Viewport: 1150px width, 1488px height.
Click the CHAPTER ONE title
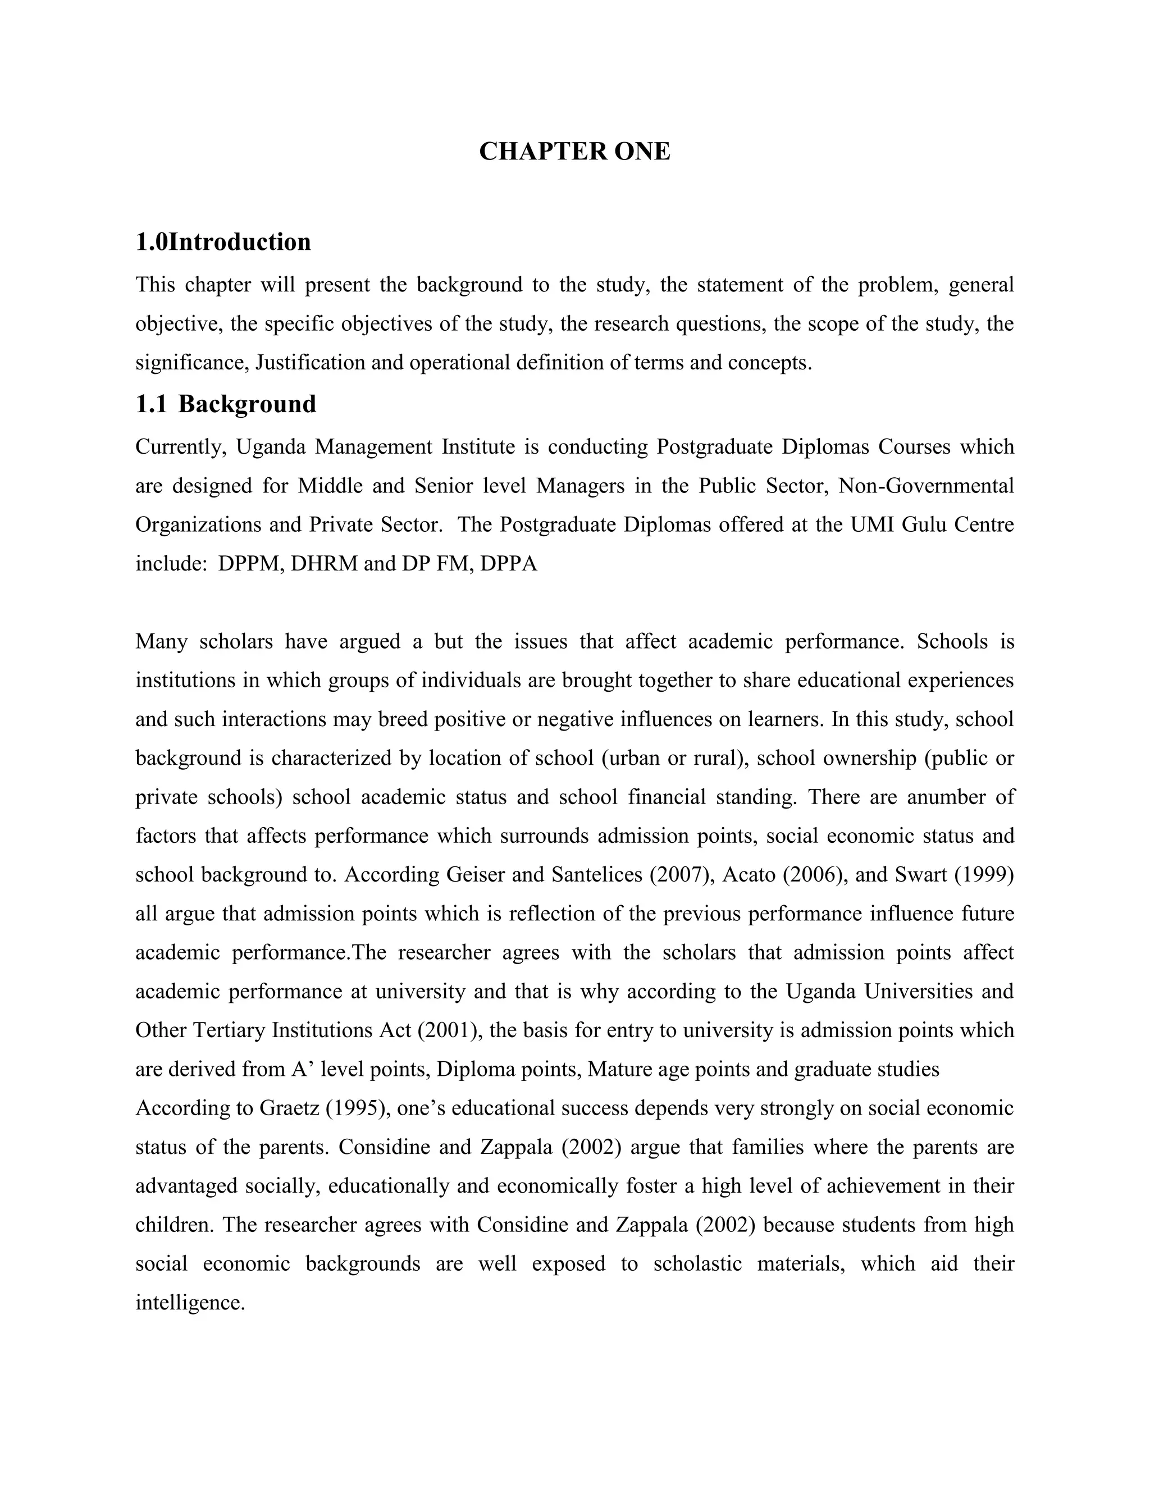(574, 151)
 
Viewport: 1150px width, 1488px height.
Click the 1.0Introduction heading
(223, 242)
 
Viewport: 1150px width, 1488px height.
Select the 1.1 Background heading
(226, 404)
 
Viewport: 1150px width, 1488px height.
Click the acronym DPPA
(508, 564)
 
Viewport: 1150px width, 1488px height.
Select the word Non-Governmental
(926, 486)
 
